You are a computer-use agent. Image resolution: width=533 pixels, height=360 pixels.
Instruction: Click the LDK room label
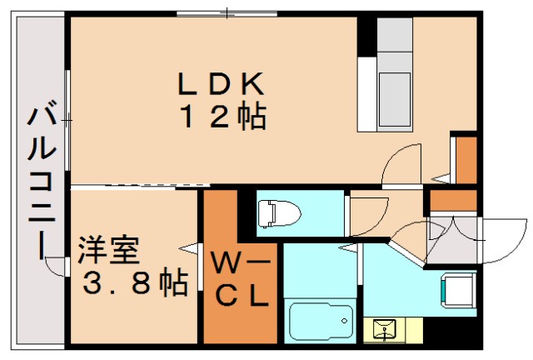tap(221, 84)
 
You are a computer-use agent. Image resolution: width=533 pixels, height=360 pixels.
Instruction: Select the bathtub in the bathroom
tap(321, 321)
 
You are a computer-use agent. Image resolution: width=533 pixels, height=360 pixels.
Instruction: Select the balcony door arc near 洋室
tap(56, 266)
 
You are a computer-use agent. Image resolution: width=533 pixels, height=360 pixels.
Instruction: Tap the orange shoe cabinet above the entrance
tap(453, 200)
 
